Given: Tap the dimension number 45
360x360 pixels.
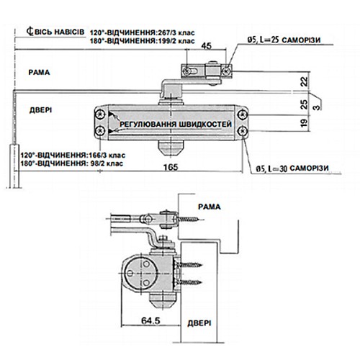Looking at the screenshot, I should [x=207, y=48].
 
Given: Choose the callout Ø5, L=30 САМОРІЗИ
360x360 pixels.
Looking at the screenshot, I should [x=291, y=168].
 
